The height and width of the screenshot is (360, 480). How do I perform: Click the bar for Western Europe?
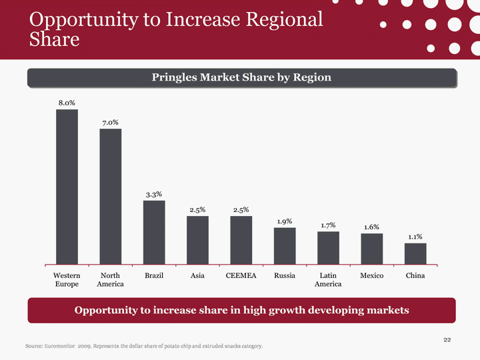[x=67, y=187]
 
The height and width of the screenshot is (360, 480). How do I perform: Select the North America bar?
[x=111, y=196]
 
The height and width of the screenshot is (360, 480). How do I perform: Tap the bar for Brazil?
[x=154, y=232]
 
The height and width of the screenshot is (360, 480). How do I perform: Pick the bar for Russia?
[x=285, y=245]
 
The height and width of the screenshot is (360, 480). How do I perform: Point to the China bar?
[x=415, y=253]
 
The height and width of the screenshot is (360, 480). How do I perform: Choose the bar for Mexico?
[x=371, y=248]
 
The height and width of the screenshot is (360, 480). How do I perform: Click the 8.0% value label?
[x=67, y=103]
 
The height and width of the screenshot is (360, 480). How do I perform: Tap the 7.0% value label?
[x=111, y=123]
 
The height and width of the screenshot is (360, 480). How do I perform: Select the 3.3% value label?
[x=154, y=195]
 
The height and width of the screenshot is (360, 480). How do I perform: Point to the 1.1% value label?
[x=415, y=237]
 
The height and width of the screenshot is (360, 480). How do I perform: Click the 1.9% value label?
[x=285, y=221]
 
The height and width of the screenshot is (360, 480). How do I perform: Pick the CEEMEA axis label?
[x=241, y=275]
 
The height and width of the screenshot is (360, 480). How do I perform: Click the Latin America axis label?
[x=328, y=279]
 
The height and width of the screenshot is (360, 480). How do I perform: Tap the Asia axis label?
[x=197, y=275]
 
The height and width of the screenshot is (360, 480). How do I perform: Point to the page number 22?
[x=447, y=341]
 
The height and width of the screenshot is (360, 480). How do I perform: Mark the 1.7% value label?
[x=328, y=225]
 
